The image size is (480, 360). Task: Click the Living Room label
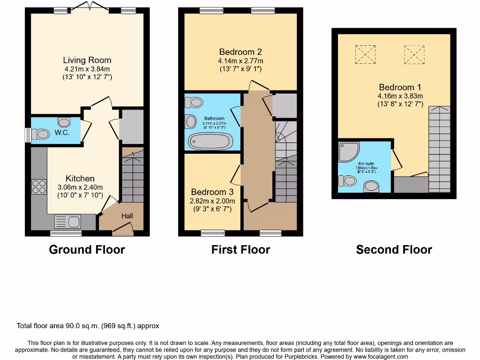point(87,60)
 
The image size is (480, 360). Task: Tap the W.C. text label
point(61,133)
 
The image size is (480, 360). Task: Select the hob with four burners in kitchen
point(38,187)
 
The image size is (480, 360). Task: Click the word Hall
point(127,216)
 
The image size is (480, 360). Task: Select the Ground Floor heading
point(87,250)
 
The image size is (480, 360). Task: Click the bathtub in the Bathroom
point(210,141)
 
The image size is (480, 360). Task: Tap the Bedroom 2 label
point(240,52)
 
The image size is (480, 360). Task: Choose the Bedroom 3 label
point(212,192)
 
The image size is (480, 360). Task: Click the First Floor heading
point(240,250)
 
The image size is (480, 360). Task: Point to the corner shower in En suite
point(348,152)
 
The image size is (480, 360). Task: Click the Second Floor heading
point(394,250)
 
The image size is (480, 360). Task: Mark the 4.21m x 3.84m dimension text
point(87,69)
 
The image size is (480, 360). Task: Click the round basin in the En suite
point(372,187)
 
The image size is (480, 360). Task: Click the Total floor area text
point(88,326)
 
